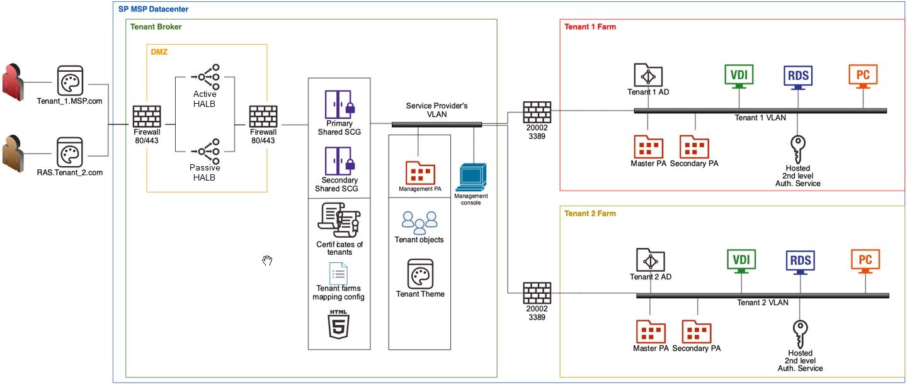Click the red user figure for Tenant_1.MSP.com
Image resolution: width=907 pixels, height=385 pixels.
coord(12,82)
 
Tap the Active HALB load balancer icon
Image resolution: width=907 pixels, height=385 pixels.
coord(205,77)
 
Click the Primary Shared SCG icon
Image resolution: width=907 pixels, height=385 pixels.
coord(338,104)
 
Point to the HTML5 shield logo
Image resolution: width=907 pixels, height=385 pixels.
coord(339,325)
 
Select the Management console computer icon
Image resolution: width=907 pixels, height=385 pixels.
coord(472,178)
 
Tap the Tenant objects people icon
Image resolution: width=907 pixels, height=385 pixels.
coord(419,223)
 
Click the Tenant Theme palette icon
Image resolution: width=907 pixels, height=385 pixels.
coord(420,274)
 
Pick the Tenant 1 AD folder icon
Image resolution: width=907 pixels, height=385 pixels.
coord(648,75)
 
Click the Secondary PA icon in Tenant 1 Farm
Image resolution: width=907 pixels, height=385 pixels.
coord(694,147)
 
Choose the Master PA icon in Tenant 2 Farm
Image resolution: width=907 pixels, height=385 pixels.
coord(651,332)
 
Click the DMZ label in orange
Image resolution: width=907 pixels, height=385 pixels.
coord(159,52)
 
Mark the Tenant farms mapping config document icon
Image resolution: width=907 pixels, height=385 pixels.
coord(338,274)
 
